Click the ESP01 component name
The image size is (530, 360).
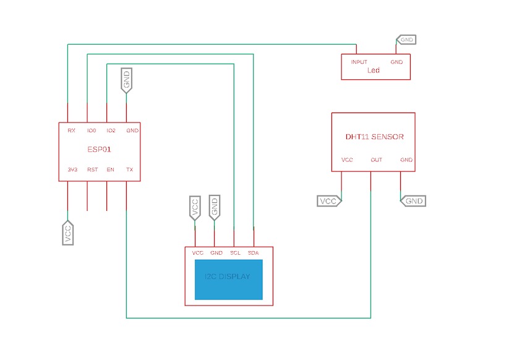[x=99, y=150]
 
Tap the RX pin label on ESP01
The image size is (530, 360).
[x=71, y=131]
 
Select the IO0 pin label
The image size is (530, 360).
[x=92, y=131]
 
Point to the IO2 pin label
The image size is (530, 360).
[x=111, y=131]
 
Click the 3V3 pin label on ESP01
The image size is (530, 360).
[x=72, y=169]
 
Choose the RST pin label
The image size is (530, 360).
[x=93, y=169]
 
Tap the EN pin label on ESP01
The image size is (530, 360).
[x=111, y=169]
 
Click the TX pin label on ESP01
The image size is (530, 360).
[x=130, y=169]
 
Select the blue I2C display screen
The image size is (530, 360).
[x=228, y=280]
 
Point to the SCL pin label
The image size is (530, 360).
[x=235, y=253]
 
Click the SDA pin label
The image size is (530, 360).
[x=253, y=253]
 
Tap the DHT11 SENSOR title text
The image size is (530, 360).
[x=375, y=137]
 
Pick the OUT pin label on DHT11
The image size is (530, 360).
[x=376, y=160]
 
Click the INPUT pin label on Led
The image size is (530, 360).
[x=359, y=62]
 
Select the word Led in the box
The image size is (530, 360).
[x=374, y=71]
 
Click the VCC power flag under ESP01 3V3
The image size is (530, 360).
[x=68, y=233]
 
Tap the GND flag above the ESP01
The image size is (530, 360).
[x=126, y=80]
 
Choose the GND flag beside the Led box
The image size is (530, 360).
[x=406, y=40]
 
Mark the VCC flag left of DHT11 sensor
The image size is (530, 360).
[x=329, y=201]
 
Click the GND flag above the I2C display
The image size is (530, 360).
[x=215, y=207]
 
